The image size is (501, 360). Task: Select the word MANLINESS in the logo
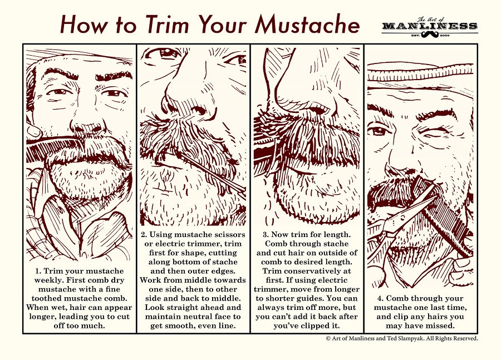(429, 26)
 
